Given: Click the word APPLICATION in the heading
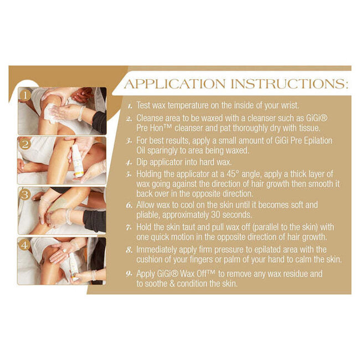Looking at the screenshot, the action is click(174, 84).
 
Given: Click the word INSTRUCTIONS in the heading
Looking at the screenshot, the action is click(288, 84).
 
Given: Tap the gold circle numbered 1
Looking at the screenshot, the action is click(25, 95).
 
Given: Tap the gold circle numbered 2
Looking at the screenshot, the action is click(25, 145).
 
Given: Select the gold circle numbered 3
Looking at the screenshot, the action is click(25, 195).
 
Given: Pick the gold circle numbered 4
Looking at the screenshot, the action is click(24, 245).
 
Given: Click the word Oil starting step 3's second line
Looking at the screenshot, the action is click(141, 151).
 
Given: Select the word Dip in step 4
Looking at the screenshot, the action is click(142, 162).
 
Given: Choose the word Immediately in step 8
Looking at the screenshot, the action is click(157, 250).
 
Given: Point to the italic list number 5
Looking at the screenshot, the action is click(128, 174).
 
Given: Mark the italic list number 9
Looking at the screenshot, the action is click(129, 274).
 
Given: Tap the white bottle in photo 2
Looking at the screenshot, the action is click(78, 161).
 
